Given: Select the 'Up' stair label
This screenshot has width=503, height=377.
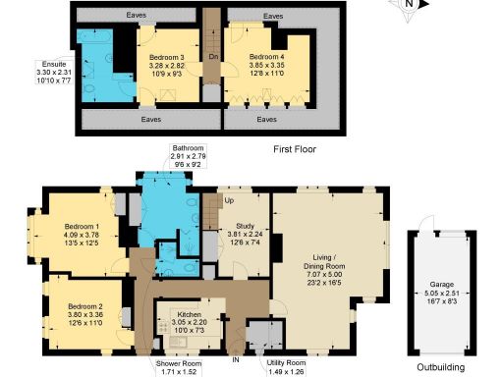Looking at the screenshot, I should tap(230, 200).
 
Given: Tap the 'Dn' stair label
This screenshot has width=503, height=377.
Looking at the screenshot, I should tap(213, 57).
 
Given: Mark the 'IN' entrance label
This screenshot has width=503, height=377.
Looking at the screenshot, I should tap(236, 358).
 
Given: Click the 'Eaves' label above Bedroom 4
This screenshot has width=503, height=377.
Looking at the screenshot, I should tap(274, 17).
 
